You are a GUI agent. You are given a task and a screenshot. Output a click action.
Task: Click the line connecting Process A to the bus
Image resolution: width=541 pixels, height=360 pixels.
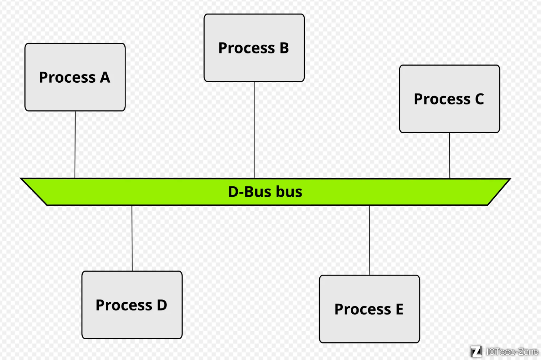[x=75, y=144]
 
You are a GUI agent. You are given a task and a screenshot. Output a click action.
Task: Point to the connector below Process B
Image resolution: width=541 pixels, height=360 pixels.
[x=254, y=130]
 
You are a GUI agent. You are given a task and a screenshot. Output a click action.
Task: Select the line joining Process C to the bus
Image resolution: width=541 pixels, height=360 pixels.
[x=449, y=155]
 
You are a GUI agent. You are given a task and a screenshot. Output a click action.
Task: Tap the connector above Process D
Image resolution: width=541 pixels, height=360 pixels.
[x=132, y=238]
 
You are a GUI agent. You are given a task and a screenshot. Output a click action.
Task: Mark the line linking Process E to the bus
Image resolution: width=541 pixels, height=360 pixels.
[x=370, y=240]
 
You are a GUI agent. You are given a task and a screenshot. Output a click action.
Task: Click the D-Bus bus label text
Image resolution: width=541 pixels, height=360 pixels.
[x=265, y=192]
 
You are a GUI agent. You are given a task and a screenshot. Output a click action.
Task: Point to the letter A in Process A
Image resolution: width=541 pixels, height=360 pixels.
[x=105, y=77]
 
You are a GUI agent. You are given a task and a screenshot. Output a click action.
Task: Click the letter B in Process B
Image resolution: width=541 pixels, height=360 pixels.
[x=284, y=48]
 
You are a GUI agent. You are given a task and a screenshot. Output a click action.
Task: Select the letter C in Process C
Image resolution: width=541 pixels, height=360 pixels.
[x=479, y=99]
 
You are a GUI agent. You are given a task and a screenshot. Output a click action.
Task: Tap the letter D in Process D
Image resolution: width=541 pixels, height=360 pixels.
[x=162, y=305]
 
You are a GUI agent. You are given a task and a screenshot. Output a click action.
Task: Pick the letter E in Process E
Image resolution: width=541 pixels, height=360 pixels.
[x=400, y=309]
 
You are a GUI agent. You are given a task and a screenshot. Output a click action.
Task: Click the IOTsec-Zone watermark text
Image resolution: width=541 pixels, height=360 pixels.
[x=512, y=352]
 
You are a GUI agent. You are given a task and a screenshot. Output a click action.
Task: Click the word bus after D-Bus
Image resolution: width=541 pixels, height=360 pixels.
[x=289, y=192]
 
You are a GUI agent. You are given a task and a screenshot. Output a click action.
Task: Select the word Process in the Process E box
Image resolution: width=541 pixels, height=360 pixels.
[x=362, y=309]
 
